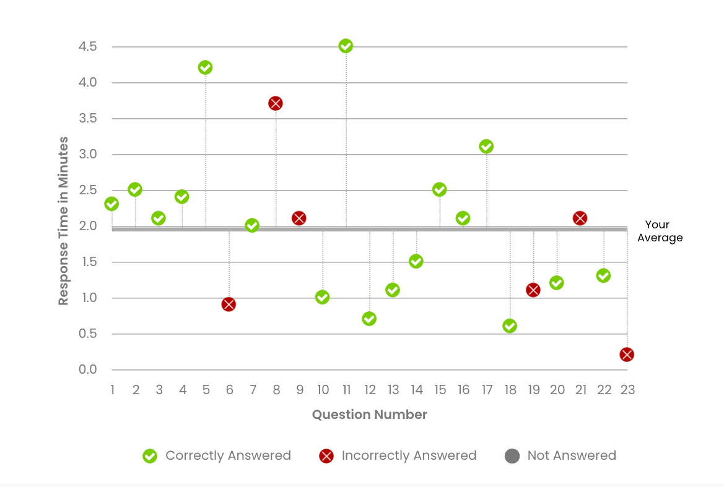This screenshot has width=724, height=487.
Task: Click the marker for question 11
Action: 346,46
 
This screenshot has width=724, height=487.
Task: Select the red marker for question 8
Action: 276,103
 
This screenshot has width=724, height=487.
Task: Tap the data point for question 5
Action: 205,67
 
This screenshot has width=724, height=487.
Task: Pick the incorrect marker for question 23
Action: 627,355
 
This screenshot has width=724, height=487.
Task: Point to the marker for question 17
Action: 486,147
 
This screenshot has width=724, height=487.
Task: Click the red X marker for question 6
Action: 229,304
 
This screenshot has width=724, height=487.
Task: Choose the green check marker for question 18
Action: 510,326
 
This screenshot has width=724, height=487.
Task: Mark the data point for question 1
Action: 111,204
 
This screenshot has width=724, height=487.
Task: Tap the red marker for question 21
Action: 580,218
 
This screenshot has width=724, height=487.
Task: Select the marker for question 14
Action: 416,261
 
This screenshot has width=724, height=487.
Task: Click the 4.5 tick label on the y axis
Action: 87,46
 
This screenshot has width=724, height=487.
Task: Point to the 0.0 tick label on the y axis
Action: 87,370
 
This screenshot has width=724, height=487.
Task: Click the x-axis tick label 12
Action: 370,390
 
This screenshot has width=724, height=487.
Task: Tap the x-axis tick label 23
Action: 627,390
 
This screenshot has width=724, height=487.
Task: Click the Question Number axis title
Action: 369,415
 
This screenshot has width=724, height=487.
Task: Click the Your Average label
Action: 660,231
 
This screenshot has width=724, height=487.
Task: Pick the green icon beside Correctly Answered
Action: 149,456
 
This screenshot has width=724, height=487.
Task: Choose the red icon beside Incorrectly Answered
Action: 326,456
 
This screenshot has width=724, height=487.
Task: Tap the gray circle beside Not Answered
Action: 512,456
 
